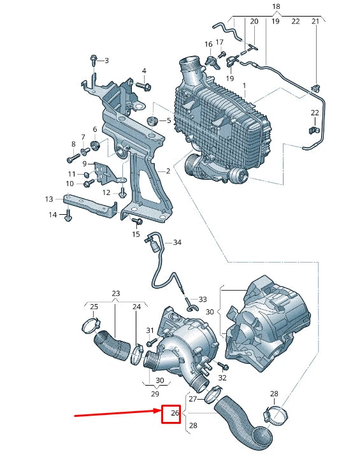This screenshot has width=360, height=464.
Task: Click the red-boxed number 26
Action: coord(171,415)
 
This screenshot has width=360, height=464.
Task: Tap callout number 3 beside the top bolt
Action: coord(106,61)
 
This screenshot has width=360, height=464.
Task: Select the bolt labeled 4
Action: coord(143,85)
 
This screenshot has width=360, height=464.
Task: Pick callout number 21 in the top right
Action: coord(315,22)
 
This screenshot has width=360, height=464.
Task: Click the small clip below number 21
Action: coord(315,85)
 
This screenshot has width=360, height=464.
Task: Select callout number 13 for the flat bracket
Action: coord(49,199)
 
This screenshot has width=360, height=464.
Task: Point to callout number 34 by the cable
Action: coord(177,242)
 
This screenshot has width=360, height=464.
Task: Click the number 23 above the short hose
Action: coord(115,294)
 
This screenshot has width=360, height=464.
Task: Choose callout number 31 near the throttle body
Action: coord(150,330)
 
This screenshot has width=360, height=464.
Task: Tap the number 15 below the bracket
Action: coord(136,235)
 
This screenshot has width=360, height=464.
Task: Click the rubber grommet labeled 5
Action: coord(152,120)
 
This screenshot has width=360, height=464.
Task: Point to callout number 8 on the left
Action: coord(73,144)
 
